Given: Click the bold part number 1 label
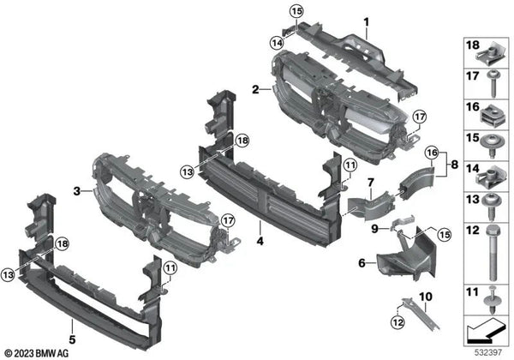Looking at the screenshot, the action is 367,22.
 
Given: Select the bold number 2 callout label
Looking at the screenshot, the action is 255,89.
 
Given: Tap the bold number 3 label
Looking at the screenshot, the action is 77,191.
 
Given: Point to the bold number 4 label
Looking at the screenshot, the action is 260,242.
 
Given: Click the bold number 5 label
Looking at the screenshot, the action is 72,339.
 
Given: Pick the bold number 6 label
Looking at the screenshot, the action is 362,263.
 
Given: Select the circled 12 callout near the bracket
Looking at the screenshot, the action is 397,322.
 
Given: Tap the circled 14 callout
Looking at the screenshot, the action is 277,43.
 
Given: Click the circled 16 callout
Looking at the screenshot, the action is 432,153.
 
